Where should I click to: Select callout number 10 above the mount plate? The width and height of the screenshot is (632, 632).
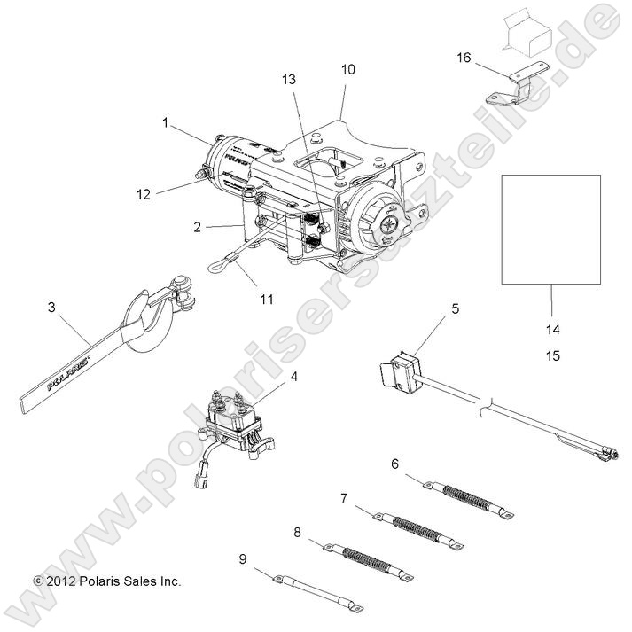(x=347, y=69)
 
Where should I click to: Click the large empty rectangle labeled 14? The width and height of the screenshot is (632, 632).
(x=550, y=229)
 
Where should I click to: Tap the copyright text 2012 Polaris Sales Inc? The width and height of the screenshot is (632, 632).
(x=106, y=581)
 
